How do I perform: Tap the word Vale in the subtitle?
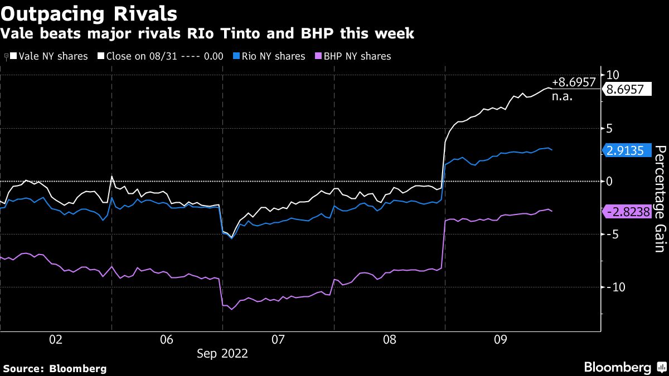(15, 33)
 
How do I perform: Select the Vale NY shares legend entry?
(49, 56)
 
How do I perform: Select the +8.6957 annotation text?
(573, 82)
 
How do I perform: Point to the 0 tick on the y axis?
(609, 181)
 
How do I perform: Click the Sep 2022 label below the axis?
(222, 354)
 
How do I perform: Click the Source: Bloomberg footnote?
(55, 368)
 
